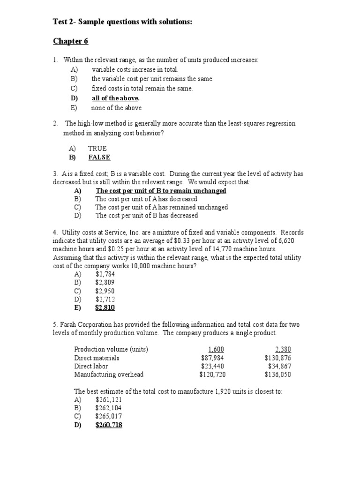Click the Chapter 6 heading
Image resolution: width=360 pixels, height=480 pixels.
click(x=70, y=41)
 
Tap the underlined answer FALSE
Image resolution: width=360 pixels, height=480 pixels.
click(x=99, y=157)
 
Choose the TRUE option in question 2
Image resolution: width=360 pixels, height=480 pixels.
click(x=97, y=149)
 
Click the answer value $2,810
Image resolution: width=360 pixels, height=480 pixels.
click(x=105, y=307)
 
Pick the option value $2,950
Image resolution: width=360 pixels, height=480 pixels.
click(x=105, y=291)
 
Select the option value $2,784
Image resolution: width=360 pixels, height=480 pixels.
click(x=105, y=274)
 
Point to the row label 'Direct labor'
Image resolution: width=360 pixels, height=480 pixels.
click(x=91, y=366)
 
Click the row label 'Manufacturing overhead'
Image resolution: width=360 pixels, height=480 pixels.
click(x=109, y=375)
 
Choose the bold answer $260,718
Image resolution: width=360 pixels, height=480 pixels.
click(x=109, y=425)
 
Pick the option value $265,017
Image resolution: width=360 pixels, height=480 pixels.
click(x=108, y=416)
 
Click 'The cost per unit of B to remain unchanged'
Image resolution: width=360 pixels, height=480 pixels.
click(x=161, y=191)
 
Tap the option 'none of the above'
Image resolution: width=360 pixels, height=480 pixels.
click(x=116, y=107)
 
